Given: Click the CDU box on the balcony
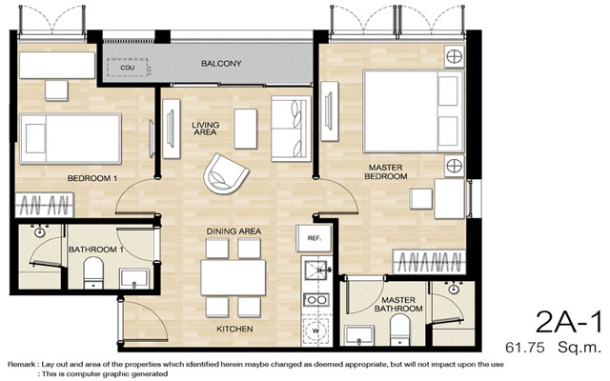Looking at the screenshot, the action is [x=127, y=68].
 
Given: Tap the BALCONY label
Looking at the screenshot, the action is [x=221, y=64].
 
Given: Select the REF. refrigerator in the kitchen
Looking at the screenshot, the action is [x=314, y=238].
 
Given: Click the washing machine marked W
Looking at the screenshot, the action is [x=315, y=331].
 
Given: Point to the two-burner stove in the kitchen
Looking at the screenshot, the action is [x=315, y=300].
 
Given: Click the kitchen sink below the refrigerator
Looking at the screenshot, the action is [x=315, y=271].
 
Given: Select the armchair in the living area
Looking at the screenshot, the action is [x=226, y=174].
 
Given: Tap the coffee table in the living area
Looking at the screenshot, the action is [x=246, y=129].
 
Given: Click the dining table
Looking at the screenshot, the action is [x=233, y=277].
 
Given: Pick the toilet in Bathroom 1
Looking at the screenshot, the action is [x=93, y=273].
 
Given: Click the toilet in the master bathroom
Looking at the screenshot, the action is [x=400, y=330].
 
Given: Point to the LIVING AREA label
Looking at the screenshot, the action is [x=206, y=129].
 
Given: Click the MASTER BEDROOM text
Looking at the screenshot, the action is [x=385, y=171].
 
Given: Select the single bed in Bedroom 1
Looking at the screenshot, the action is [x=71, y=138].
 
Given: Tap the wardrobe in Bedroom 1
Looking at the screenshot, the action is [x=45, y=205].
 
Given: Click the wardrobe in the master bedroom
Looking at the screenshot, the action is [x=429, y=262].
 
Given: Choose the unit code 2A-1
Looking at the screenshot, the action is [x=568, y=322].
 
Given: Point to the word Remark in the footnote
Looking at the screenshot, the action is [x=22, y=365].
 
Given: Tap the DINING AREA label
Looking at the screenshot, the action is [x=234, y=231].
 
